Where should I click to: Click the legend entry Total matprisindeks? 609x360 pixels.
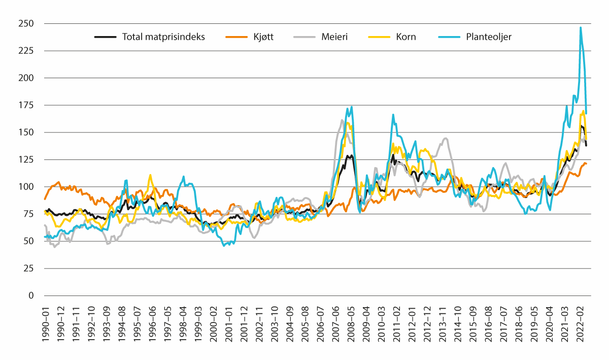[163, 37]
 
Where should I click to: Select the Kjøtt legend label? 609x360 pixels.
[261, 37]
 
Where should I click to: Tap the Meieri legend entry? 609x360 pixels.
[333, 37]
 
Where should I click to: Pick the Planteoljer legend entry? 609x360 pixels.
[489, 37]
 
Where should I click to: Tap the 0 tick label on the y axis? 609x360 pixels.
[31, 296]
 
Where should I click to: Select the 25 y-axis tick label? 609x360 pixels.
[29, 268]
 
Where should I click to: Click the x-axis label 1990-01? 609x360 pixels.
[45, 322]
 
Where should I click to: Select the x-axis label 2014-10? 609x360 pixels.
[459, 322]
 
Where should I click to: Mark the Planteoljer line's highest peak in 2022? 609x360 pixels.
[581, 27]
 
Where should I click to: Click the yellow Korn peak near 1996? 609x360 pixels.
[150, 175]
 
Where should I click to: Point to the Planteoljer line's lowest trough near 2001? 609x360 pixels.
[224, 246]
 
